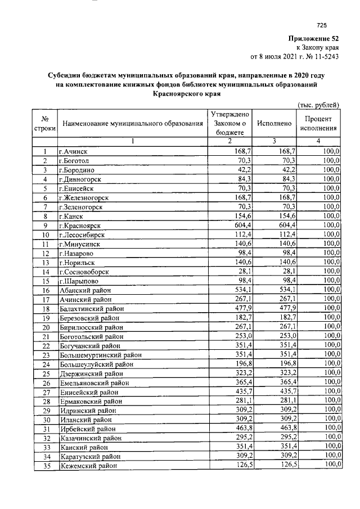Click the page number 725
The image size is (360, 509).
pos(321,25)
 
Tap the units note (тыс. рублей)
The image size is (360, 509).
pos(318,105)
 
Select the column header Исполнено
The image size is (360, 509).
pos(273,123)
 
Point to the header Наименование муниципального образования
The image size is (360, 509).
pos(133,123)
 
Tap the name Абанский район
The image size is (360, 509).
pos(85,290)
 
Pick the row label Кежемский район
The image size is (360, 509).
pos(88,466)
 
